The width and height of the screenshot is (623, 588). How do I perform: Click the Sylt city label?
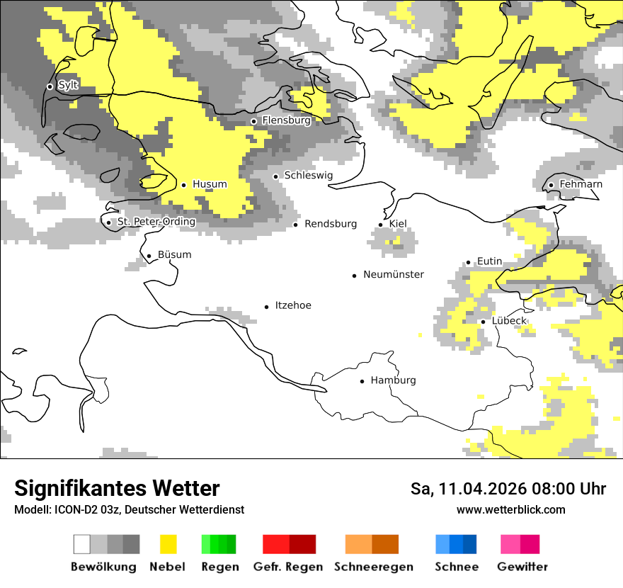(x=68, y=85)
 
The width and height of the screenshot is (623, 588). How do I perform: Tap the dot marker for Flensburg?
(x=253, y=121)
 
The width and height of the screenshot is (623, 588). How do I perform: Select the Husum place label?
(x=210, y=184)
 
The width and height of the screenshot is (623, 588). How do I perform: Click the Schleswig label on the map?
(x=308, y=175)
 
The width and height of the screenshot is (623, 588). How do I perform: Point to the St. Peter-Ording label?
(x=156, y=222)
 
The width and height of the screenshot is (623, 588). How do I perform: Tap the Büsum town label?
(x=174, y=255)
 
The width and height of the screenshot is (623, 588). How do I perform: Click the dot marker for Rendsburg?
(x=296, y=225)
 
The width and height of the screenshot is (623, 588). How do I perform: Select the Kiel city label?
(x=398, y=224)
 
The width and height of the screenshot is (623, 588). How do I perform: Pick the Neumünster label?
(x=394, y=274)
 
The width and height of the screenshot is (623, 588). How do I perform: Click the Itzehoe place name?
(x=292, y=305)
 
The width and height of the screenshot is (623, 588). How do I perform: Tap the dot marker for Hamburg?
(x=362, y=381)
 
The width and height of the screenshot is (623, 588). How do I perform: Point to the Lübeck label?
(x=509, y=321)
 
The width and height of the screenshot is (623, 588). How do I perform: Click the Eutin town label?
(x=489, y=261)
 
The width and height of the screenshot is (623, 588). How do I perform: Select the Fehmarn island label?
(x=581, y=184)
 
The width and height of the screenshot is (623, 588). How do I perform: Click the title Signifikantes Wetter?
(x=117, y=489)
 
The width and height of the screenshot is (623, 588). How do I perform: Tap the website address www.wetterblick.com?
(x=510, y=510)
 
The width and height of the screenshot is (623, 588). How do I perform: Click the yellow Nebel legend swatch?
(x=168, y=544)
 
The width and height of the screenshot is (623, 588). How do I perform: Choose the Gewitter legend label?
(x=522, y=567)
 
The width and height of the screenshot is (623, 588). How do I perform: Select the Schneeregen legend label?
(x=373, y=567)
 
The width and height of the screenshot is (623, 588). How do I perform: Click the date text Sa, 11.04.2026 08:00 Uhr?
(x=508, y=490)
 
